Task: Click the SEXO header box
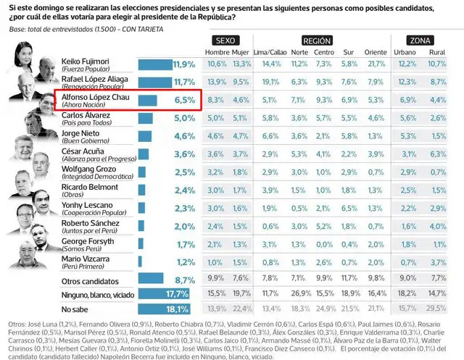228,41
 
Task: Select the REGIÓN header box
317,41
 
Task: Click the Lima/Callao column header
269,53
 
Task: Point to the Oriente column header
376,53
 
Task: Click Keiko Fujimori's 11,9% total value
184,64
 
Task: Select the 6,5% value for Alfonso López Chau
184,99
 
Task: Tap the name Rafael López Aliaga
95,78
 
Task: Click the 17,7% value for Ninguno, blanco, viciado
177,293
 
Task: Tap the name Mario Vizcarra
86,258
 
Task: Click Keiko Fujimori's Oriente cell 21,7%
376,64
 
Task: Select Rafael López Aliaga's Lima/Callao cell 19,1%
269,82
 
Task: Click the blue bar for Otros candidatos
152,278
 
